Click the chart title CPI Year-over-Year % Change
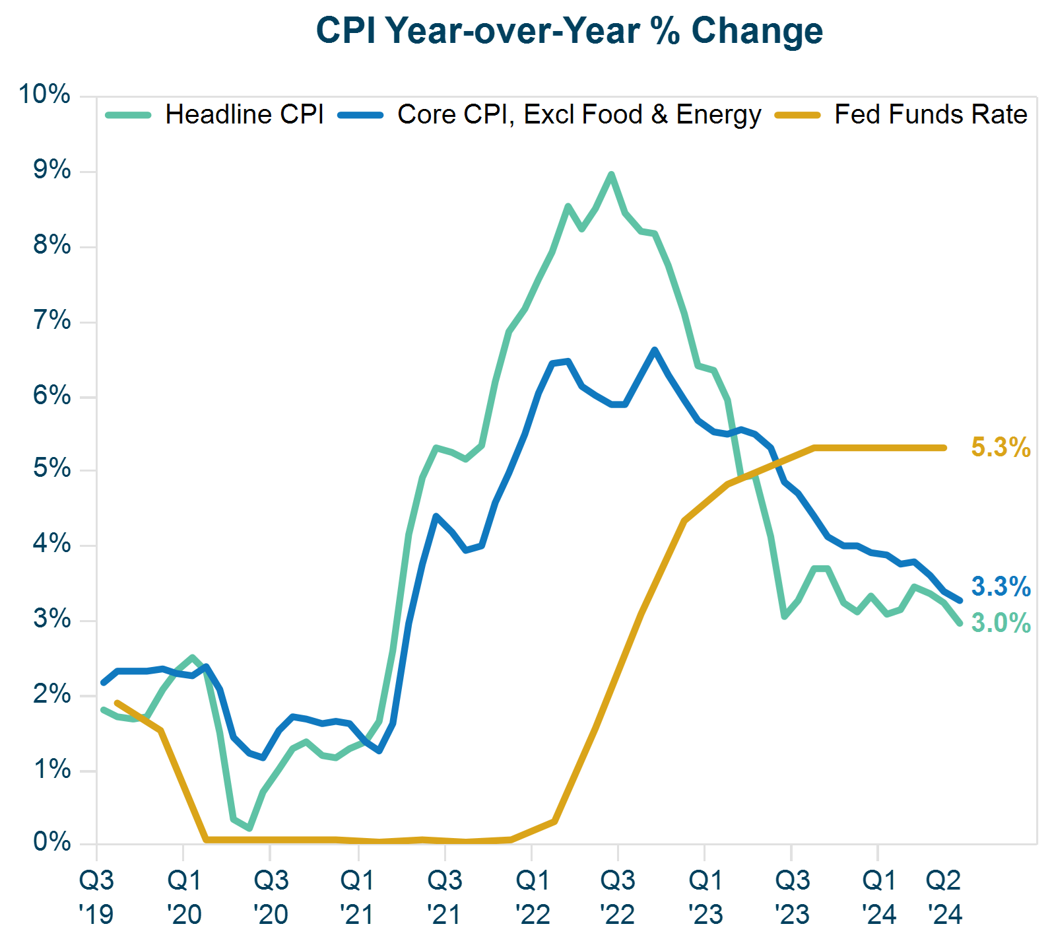[569, 31]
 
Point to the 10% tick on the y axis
[44, 94]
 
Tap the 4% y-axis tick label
[51, 544]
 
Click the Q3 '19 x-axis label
[96, 897]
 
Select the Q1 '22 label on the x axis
[533, 897]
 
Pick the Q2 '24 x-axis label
[944, 897]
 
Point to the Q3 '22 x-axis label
[618, 897]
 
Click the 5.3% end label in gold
[1000, 448]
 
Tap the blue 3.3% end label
[1000, 586]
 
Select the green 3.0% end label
[1000, 623]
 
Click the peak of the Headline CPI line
[611, 174]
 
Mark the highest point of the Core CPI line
[655, 349]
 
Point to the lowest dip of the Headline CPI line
[249, 828]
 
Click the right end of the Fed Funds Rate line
[944, 448]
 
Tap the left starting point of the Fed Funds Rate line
[117, 703]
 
